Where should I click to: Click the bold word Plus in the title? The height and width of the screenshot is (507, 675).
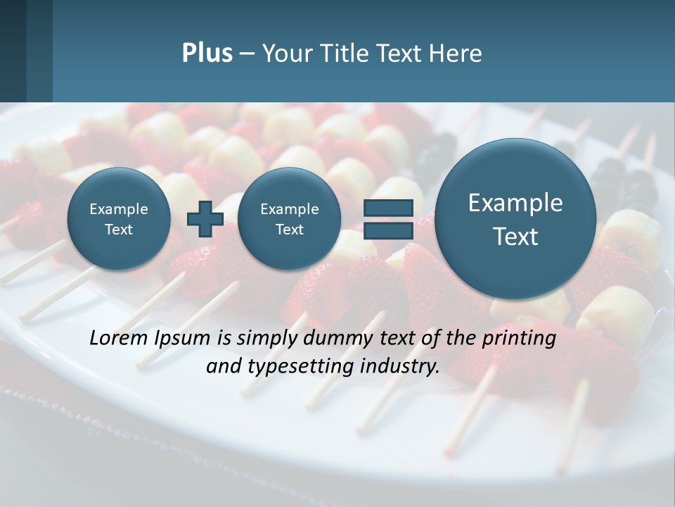(x=207, y=54)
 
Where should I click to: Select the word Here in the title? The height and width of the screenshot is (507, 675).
(x=456, y=54)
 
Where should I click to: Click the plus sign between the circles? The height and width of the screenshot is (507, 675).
(x=205, y=219)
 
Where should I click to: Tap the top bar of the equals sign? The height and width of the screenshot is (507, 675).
(x=387, y=207)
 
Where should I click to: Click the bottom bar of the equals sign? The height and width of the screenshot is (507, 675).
(x=387, y=231)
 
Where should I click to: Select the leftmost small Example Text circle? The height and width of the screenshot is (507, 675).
(x=119, y=219)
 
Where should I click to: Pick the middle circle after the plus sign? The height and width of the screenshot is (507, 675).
(x=289, y=219)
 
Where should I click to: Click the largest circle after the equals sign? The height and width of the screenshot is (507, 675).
(x=515, y=219)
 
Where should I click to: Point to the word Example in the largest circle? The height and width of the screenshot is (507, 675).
(x=515, y=203)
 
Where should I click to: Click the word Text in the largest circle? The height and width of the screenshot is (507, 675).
(x=515, y=237)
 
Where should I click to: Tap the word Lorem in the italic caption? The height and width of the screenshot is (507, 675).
(x=118, y=338)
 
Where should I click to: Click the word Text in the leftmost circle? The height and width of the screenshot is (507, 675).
(x=119, y=230)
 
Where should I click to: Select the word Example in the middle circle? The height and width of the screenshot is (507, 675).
(x=289, y=209)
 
